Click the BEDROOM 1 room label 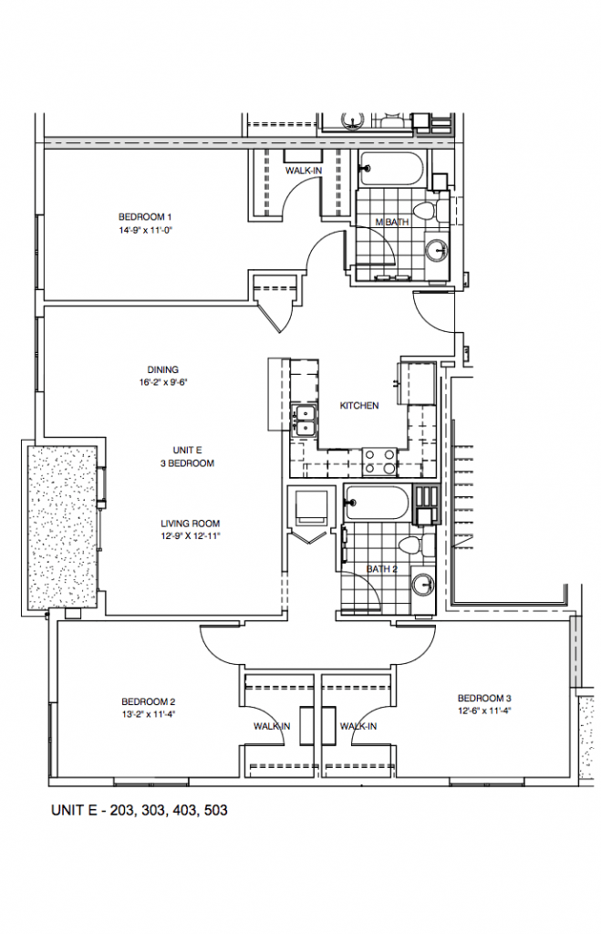click(x=145, y=216)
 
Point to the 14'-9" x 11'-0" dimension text click(x=145, y=231)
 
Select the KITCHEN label click(x=358, y=406)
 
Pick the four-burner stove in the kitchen click(x=378, y=462)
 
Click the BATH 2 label click(x=382, y=569)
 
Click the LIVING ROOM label click(x=191, y=524)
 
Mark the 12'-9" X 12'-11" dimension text click(x=191, y=537)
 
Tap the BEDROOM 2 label click(x=147, y=701)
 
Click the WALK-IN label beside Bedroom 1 click(x=302, y=171)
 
